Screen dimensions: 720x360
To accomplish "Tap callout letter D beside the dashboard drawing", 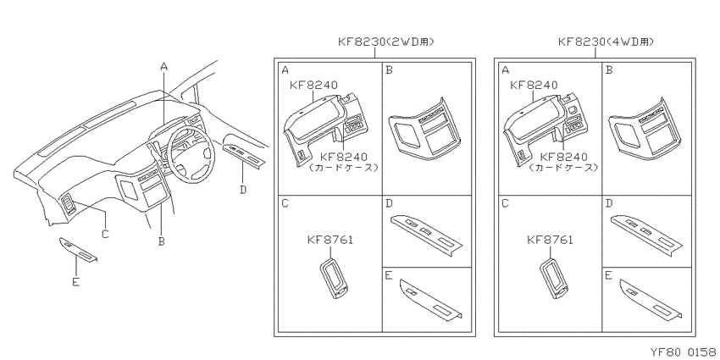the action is (243, 189).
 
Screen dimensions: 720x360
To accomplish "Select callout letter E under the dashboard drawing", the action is (75, 282).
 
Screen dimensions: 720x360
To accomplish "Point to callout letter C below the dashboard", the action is (105, 234).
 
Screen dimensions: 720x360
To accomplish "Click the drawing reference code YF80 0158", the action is (684, 352).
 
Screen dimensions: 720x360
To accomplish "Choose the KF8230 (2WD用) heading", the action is (385, 42).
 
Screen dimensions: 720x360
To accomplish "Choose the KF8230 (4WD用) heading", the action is (606, 42).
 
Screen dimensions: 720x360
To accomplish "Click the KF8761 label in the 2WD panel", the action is (330, 240).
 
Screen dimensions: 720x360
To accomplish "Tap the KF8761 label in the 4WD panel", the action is (550, 240).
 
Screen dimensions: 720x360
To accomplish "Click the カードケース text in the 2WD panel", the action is (344, 168).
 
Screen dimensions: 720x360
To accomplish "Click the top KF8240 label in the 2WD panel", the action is (314, 85).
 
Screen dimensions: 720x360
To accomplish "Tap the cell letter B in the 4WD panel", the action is (609, 70).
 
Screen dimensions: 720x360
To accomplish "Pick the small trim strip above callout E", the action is (78, 249).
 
